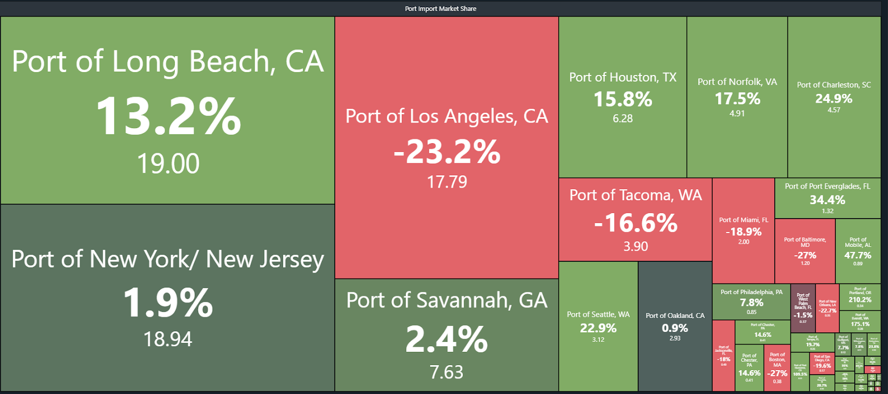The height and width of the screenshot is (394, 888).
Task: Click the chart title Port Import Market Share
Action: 440,8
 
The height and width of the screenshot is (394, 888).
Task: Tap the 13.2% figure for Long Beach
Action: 168,116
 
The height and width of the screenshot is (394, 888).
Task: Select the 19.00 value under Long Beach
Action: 168,164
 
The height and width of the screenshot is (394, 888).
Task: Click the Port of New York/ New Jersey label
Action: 168,259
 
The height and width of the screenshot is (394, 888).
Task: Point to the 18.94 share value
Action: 168,339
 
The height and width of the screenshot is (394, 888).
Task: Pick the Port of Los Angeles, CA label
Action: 447,116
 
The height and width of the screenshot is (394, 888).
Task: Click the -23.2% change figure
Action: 447,151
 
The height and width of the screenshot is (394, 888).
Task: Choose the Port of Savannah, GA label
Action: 447,300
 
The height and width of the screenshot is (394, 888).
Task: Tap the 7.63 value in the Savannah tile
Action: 446,372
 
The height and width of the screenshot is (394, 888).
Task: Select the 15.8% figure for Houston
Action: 623,99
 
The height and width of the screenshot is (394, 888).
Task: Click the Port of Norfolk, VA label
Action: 737,82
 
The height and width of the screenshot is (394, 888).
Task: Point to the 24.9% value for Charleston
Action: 834,98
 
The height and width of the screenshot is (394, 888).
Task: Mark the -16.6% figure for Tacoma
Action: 635,223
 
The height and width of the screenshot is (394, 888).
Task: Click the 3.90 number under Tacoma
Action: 635,246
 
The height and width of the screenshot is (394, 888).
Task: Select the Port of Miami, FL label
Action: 744,220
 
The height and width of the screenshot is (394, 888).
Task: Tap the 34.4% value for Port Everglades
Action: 828,200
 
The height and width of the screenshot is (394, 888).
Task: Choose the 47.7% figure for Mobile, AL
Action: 857,255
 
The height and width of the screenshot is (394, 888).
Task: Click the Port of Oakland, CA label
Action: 675,315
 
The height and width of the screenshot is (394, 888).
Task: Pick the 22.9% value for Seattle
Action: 598,328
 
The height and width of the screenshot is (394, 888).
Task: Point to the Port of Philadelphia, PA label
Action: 751,292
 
